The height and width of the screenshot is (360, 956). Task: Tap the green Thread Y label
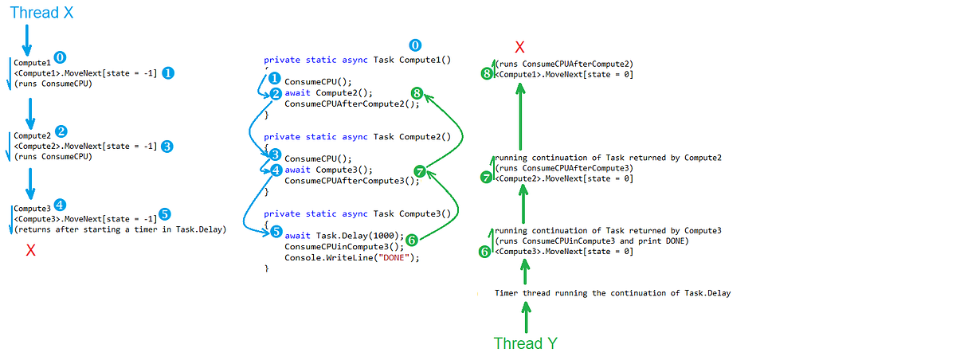coord(525,343)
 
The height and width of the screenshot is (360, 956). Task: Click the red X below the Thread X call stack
coord(30,251)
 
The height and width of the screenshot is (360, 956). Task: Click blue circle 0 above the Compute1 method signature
coord(414,46)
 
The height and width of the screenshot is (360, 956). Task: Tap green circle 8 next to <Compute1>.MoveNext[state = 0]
coord(487,74)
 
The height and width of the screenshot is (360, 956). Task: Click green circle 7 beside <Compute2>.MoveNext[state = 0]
coord(487,178)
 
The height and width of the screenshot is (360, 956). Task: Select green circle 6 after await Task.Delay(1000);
coord(412,238)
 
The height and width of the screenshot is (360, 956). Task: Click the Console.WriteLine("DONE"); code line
coord(351,258)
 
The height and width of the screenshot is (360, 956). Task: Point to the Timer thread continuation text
coord(612,293)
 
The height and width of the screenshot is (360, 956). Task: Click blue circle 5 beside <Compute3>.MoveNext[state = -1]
coord(165,214)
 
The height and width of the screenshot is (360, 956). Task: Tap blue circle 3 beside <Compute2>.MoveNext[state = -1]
coord(167,147)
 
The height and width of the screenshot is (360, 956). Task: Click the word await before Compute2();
coord(297,93)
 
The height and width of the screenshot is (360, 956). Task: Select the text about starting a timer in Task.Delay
coord(120,229)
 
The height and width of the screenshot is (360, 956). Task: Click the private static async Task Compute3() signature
coord(357,213)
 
